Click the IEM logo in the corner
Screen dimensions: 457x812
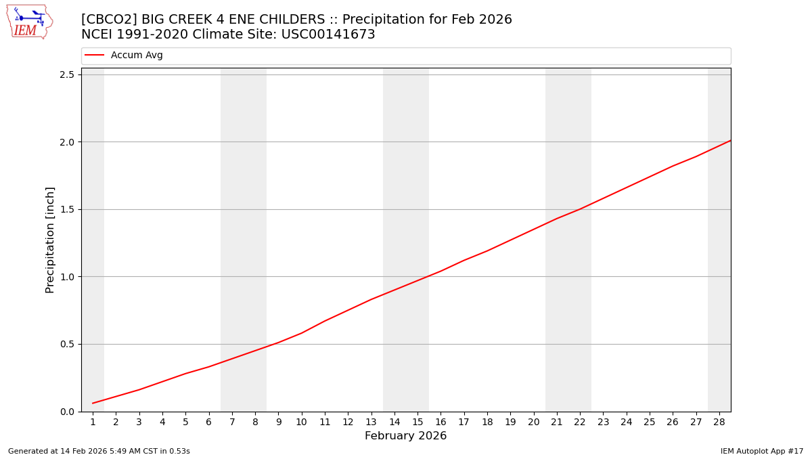29,22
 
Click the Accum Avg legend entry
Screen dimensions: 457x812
136,56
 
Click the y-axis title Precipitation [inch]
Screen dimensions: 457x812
50,240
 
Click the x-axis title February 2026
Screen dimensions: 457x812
405,436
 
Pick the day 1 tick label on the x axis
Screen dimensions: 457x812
93,422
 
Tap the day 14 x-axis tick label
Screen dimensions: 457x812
394,422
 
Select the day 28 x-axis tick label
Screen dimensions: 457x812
719,422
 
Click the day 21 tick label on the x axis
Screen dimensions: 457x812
557,422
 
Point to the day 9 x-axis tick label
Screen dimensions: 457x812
278,422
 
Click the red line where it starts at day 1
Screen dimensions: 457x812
93,404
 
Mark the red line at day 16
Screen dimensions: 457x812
441,271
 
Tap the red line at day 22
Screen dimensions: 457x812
580,209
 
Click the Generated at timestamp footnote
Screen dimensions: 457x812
99,452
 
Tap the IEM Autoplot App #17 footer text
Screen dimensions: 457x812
761,452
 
